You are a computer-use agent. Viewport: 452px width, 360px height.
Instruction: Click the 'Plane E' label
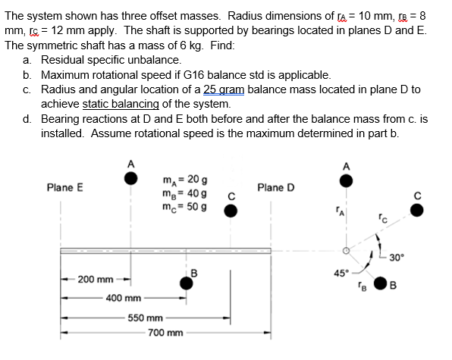[x=64, y=187]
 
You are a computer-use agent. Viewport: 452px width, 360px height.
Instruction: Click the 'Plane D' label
[x=275, y=187]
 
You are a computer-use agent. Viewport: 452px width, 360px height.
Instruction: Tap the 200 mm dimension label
[x=96, y=280]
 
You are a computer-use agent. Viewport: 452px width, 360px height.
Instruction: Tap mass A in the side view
[x=131, y=178]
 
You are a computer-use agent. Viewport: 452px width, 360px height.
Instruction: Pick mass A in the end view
[x=346, y=181]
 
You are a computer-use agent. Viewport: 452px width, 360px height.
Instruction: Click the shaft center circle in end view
[x=346, y=250]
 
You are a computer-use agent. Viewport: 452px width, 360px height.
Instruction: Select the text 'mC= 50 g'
[x=181, y=207]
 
